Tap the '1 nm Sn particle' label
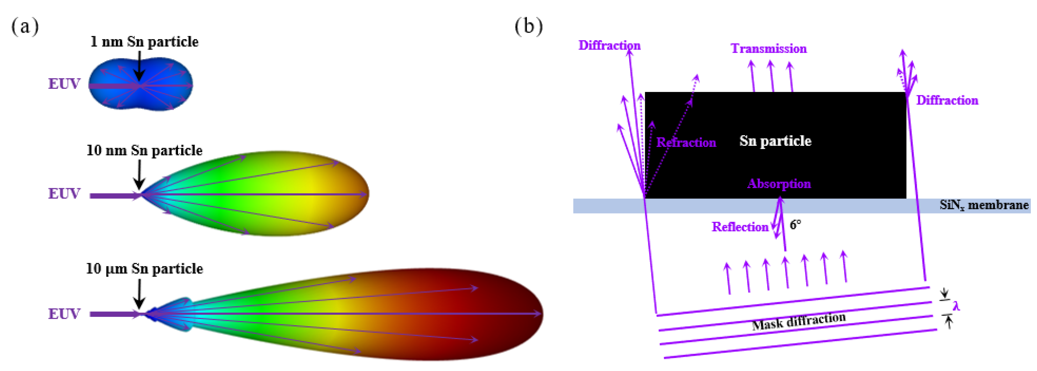coord(144,42)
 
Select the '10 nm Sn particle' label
coord(144,151)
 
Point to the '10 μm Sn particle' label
coord(144,269)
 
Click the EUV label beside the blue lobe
coord(64,84)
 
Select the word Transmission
coord(768,49)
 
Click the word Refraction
coord(686,143)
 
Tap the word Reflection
coord(740,227)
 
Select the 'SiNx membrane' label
coord(984,205)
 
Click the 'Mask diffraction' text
coord(799,321)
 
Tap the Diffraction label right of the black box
coord(947,101)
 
